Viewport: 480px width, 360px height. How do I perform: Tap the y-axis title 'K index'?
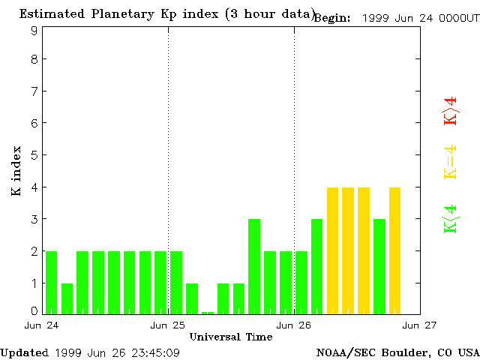pyautogui.click(x=16, y=171)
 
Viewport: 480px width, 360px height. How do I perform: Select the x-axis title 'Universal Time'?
pyautogui.click(x=231, y=337)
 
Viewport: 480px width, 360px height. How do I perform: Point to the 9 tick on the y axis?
pyautogui.click(x=34, y=31)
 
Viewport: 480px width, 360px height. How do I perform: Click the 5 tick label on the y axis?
pyautogui.click(x=34, y=155)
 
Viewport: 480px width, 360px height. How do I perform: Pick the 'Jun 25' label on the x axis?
pyautogui.click(x=168, y=325)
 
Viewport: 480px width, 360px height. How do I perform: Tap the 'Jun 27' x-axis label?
pyautogui.click(x=420, y=325)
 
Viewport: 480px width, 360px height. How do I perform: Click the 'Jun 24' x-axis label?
pyautogui.click(x=41, y=325)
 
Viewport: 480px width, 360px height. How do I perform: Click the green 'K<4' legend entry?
pyautogui.click(x=450, y=218)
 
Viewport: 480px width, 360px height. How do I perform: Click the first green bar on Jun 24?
pyautogui.click(x=51, y=282)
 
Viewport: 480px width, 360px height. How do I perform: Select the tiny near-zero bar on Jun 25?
pyautogui.click(x=208, y=312)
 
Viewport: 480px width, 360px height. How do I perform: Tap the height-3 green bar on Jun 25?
pyautogui.click(x=254, y=266)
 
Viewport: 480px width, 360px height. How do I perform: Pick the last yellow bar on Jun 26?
pyautogui.click(x=394, y=250)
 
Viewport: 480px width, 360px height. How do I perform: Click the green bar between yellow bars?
pyautogui.click(x=379, y=266)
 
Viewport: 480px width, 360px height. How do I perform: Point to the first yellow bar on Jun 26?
pyautogui.click(x=332, y=250)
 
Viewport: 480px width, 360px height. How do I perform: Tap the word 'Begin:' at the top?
pyautogui.click(x=332, y=18)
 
